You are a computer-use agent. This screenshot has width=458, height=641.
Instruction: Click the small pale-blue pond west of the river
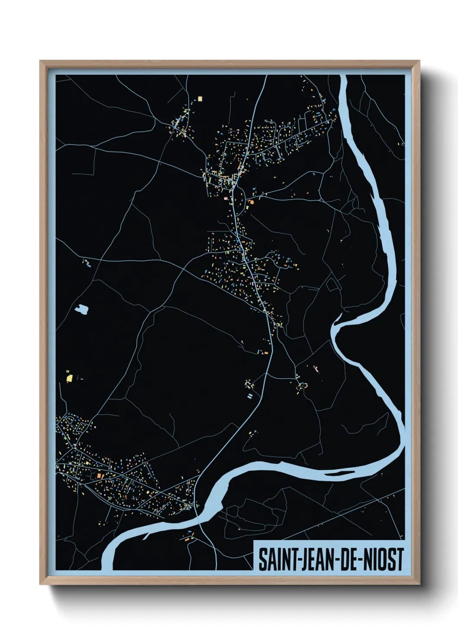coord(81,309)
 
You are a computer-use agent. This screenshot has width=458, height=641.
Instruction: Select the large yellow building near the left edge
coord(69,378)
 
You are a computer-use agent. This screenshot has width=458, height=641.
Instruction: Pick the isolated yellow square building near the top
coord(200,99)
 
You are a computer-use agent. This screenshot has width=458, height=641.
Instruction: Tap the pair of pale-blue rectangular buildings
coord(249,395)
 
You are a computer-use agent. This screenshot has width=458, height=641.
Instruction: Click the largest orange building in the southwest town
coord(99,476)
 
